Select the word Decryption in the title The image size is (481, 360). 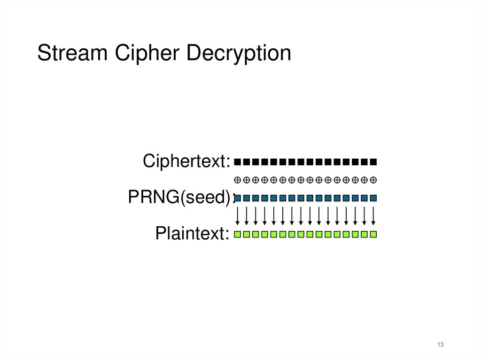click(x=239, y=53)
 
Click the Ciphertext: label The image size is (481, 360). click(x=186, y=161)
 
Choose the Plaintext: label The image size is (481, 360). click(x=193, y=233)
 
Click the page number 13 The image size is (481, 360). click(x=440, y=345)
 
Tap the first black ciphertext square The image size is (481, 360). click(x=238, y=162)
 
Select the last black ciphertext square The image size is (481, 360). click(x=373, y=162)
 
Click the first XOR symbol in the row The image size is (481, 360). click(x=238, y=180)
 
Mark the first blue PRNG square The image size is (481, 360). click(x=238, y=198)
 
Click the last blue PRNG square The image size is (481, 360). click(x=373, y=198)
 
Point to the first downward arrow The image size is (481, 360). click(x=238, y=216)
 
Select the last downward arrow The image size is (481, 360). click(x=373, y=216)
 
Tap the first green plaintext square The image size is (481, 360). click(x=238, y=234)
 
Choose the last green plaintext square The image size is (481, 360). click(x=373, y=234)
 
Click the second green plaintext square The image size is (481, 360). click(x=247, y=234)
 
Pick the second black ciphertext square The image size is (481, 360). click(x=247, y=162)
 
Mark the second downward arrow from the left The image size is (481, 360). click(x=247, y=216)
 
